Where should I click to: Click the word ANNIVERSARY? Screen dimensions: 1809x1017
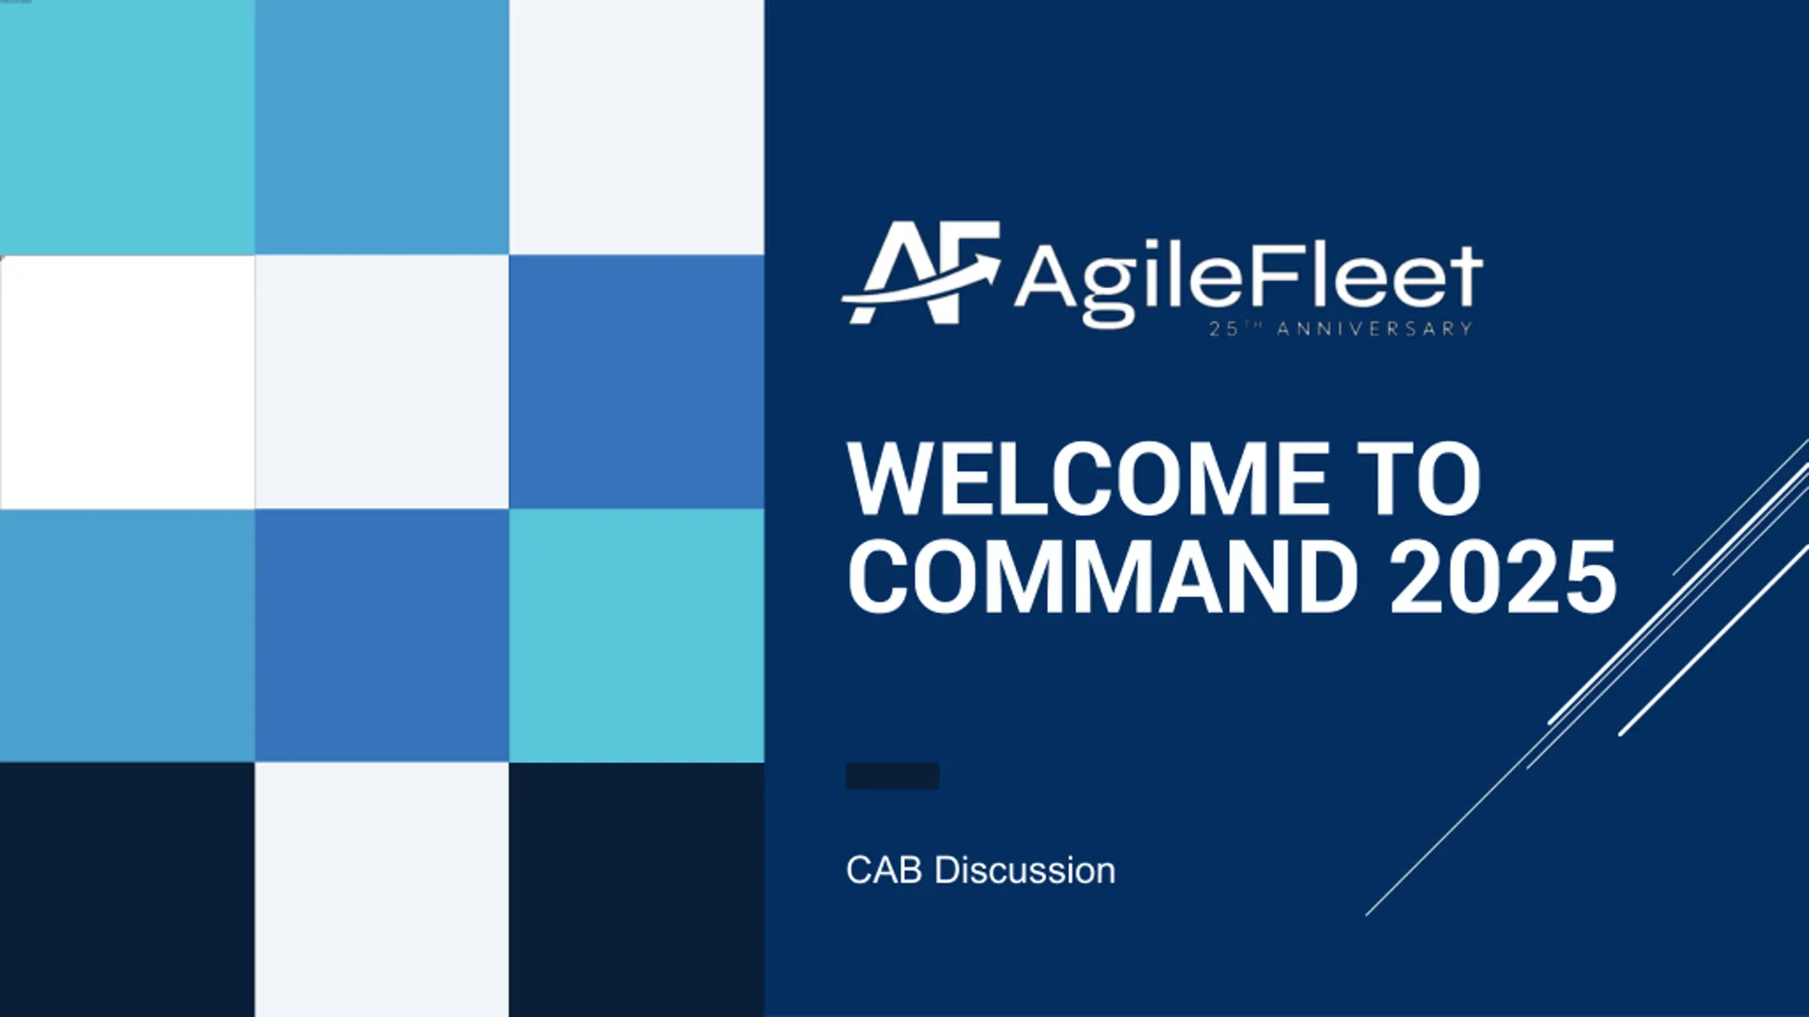coord(1374,329)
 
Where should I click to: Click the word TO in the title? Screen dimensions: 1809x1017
coord(1420,479)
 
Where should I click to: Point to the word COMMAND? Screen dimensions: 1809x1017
coord(1102,576)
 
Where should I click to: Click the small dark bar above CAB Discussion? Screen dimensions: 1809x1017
coord(892,775)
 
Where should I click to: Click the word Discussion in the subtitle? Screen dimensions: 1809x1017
coord(1025,870)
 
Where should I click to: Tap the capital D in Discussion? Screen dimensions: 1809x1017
coord(947,870)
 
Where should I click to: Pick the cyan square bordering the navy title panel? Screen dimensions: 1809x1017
coord(636,636)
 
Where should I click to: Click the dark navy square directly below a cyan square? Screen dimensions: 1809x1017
coord(636,890)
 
